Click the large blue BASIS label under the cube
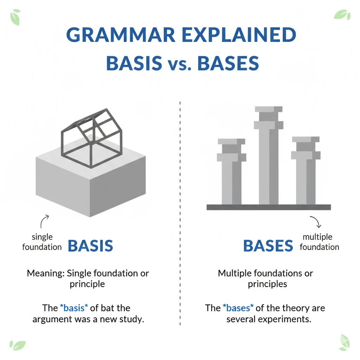pos(90,246)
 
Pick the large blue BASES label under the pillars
pos(268,246)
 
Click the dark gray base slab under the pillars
pos(269,207)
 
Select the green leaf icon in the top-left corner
pos(15,17)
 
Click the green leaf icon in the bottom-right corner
pos(344,343)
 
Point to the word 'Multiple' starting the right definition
pos(234,273)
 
